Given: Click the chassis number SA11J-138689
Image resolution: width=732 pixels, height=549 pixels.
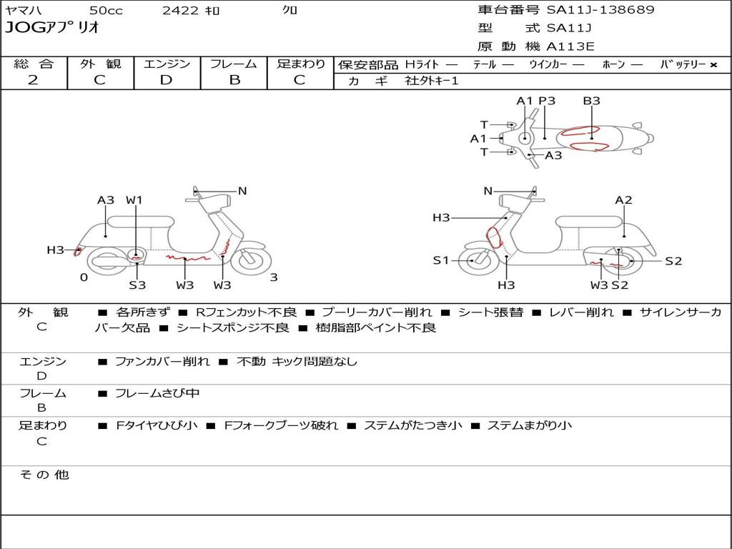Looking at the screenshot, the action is pyautogui.click(x=600, y=10).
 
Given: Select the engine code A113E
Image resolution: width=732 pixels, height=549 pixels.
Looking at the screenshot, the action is pyautogui.click(x=570, y=47).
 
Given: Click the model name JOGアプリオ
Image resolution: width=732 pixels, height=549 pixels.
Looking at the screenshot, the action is pyautogui.click(x=52, y=29).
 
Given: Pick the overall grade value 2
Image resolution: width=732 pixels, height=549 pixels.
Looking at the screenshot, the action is pyautogui.click(x=33, y=80).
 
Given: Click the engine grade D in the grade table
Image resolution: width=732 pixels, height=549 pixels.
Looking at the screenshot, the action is pyautogui.click(x=167, y=80).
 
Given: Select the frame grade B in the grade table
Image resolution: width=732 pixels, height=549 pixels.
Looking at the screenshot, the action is pyautogui.click(x=234, y=80).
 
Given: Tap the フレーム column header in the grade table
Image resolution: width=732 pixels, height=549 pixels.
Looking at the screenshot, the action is pyautogui.click(x=234, y=64).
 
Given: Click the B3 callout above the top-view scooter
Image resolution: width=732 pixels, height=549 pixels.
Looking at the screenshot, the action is pyautogui.click(x=591, y=101).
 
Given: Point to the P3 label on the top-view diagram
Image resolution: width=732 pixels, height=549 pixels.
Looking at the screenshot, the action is pyautogui.click(x=547, y=101).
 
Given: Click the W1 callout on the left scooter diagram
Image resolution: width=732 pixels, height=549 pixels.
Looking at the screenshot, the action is pyautogui.click(x=134, y=200).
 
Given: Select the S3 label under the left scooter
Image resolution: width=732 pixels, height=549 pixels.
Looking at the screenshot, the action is pyautogui.click(x=137, y=285).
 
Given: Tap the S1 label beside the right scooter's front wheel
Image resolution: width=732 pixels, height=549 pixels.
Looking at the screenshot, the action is pyautogui.click(x=441, y=260).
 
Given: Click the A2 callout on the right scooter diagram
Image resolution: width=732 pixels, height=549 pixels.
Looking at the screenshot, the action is pyautogui.click(x=623, y=200).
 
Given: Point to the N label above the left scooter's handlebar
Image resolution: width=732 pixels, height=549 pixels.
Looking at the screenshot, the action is pyautogui.click(x=242, y=191).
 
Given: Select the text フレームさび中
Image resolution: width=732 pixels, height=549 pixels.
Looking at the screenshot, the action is pyautogui.click(x=157, y=393).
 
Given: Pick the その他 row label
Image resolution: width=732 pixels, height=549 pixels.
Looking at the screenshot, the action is pyautogui.click(x=44, y=475).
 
